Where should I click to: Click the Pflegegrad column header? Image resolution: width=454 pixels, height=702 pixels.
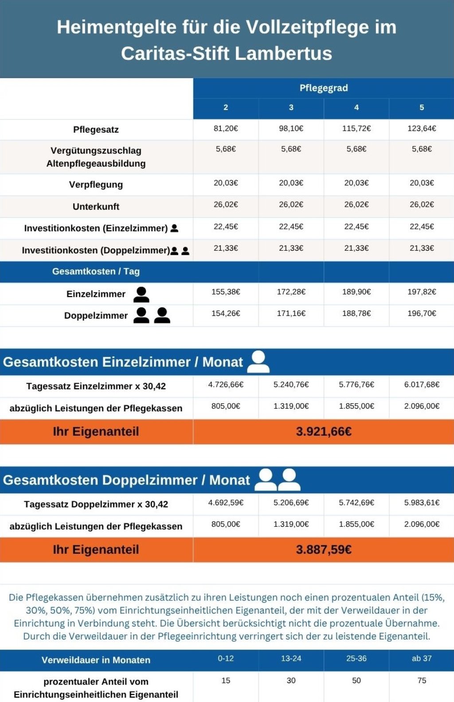click(x=324, y=88)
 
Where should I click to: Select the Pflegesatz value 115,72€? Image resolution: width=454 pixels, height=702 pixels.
click(x=356, y=129)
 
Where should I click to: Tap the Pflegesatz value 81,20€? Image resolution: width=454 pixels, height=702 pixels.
click(x=226, y=129)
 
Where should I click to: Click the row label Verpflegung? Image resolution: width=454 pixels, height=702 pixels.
click(x=96, y=185)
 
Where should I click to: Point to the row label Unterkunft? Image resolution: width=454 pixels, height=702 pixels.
click(x=96, y=206)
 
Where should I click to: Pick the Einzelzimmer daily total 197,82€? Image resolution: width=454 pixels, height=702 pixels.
click(x=422, y=292)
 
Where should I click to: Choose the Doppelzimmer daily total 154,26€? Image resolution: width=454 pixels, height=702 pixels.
click(x=226, y=313)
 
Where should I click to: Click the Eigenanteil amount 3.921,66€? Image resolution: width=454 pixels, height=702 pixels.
click(x=324, y=432)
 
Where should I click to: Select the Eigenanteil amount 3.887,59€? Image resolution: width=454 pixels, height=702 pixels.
click(x=324, y=549)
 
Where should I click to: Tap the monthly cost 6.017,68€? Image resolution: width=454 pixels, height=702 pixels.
click(x=422, y=385)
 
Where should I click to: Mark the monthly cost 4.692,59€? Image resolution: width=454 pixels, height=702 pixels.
click(x=226, y=502)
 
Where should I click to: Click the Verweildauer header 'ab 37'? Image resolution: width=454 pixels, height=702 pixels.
click(x=422, y=658)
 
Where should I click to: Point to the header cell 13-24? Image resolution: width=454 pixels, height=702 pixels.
click(x=291, y=658)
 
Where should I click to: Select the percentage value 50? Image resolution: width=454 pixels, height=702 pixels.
click(x=356, y=680)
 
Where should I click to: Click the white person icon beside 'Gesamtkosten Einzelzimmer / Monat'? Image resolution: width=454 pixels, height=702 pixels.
click(x=258, y=362)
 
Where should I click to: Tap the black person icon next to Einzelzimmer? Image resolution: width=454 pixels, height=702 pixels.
click(x=141, y=295)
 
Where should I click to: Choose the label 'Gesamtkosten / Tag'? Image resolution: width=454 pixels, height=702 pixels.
click(x=96, y=272)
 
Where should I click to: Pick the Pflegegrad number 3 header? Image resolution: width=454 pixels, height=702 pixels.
click(x=291, y=107)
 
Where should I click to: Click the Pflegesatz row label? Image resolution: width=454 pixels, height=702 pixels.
click(x=96, y=130)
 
